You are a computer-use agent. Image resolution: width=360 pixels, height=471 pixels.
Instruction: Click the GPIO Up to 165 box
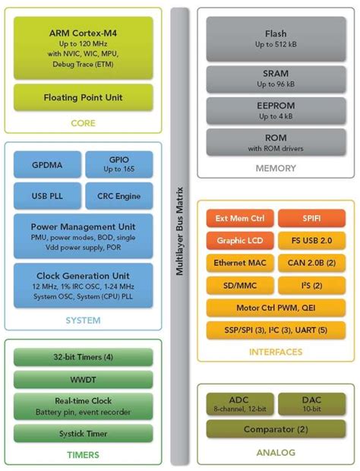pyautogui.click(x=118, y=164)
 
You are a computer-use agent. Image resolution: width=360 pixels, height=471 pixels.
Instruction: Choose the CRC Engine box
pyautogui.click(x=118, y=196)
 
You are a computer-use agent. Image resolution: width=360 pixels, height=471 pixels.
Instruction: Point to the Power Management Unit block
pyautogui.click(x=83, y=235)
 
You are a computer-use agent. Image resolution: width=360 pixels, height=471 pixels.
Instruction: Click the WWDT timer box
pyautogui.click(x=83, y=379)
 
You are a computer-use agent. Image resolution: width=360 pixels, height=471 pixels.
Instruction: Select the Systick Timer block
pyautogui.click(x=83, y=433)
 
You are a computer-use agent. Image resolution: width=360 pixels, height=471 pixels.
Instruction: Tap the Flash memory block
pyautogui.click(x=276, y=39)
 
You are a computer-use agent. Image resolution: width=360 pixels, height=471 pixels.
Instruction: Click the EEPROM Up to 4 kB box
pyautogui.click(x=276, y=111)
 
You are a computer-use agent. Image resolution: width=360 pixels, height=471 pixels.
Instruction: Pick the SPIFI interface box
pyautogui.click(x=311, y=219)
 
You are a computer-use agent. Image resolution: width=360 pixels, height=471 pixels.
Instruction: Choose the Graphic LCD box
pyautogui.click(x=239, y=241)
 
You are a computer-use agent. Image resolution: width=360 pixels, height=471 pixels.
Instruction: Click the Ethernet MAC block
pyautogui.click(x=239, y=263)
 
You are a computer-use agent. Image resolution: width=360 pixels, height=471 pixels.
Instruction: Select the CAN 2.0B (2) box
pyautogui.click(x=311, y=263)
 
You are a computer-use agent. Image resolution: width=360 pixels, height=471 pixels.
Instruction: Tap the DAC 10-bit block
pyautogui.click(x=311, y=403)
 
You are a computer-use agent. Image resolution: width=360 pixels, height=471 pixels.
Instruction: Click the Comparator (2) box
pyautogui.click(x=276, y=429)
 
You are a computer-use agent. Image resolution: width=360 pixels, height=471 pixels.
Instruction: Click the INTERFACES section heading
pyautogui.click(x=276, y=352)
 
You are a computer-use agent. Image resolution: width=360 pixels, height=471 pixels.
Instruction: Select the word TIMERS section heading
pyautogui.click(x=84, y=454)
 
